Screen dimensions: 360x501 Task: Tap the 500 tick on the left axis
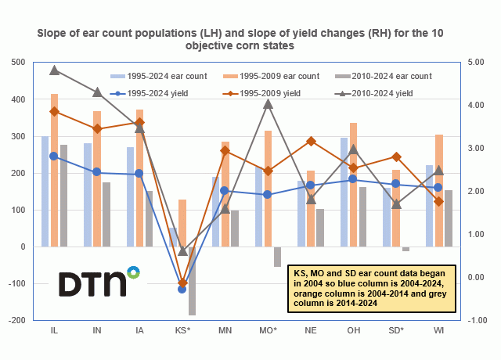click(16, 63)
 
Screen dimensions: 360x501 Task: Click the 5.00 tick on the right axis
click(479, 63)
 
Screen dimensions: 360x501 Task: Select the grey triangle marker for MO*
click(268, 103)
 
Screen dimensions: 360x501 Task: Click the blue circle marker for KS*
click(182, 290)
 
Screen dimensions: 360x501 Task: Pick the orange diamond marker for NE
click(311, 141)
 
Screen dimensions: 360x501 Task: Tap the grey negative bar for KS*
click(191, 281)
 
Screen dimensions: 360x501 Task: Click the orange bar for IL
click(55, 170)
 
